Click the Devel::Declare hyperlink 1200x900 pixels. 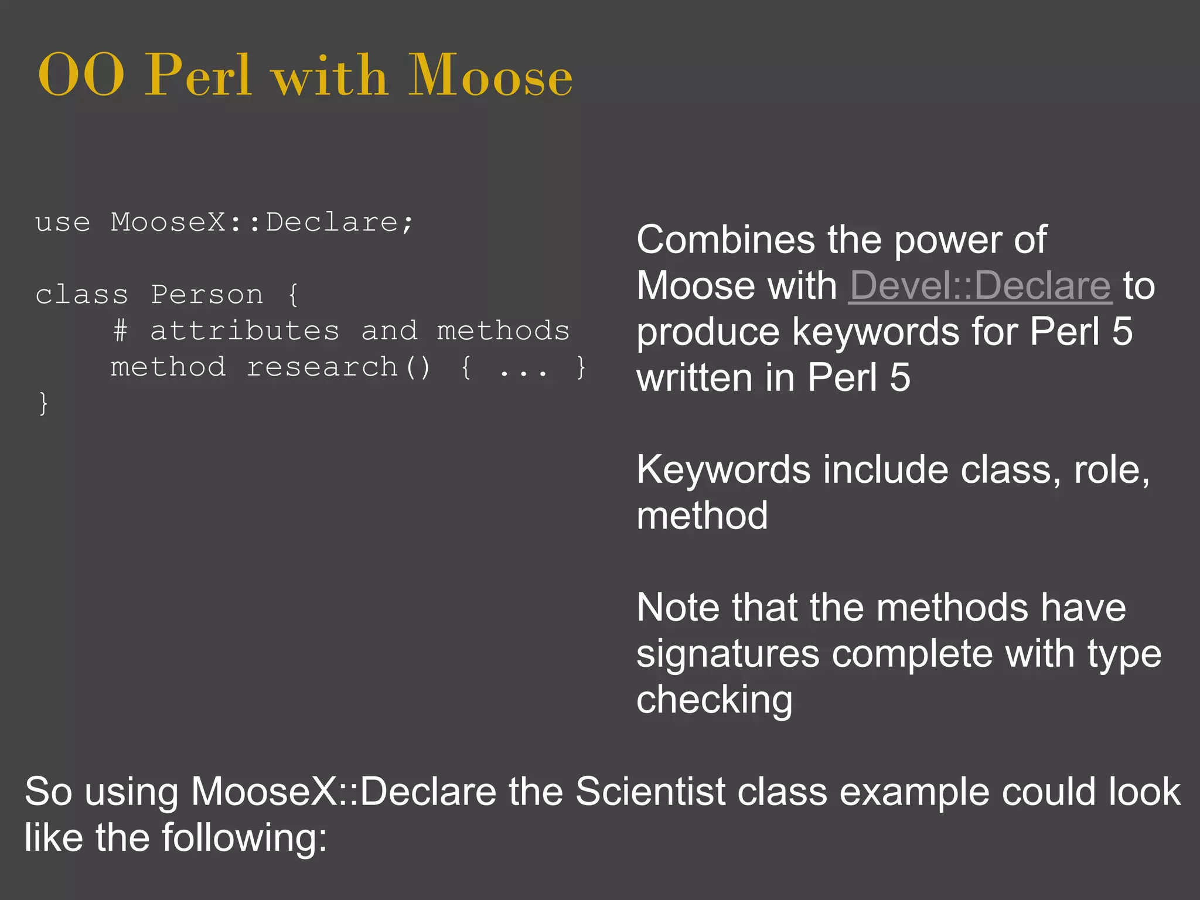tap(980, 286)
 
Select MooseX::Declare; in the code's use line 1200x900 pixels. tap(262, 223)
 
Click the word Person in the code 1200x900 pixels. tap(207, 295)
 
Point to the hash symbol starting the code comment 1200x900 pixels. tap(120, 331)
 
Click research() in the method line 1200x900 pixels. tap(339, 367)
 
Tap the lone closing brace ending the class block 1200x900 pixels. tap(43, 404)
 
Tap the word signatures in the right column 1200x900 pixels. tap(728, 654)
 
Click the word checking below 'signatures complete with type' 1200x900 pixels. tap(714, 700)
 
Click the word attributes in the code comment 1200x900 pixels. tap(245, 331)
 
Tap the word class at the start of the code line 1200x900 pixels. tap(81, 295)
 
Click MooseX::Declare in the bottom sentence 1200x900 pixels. tap(344, 792)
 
